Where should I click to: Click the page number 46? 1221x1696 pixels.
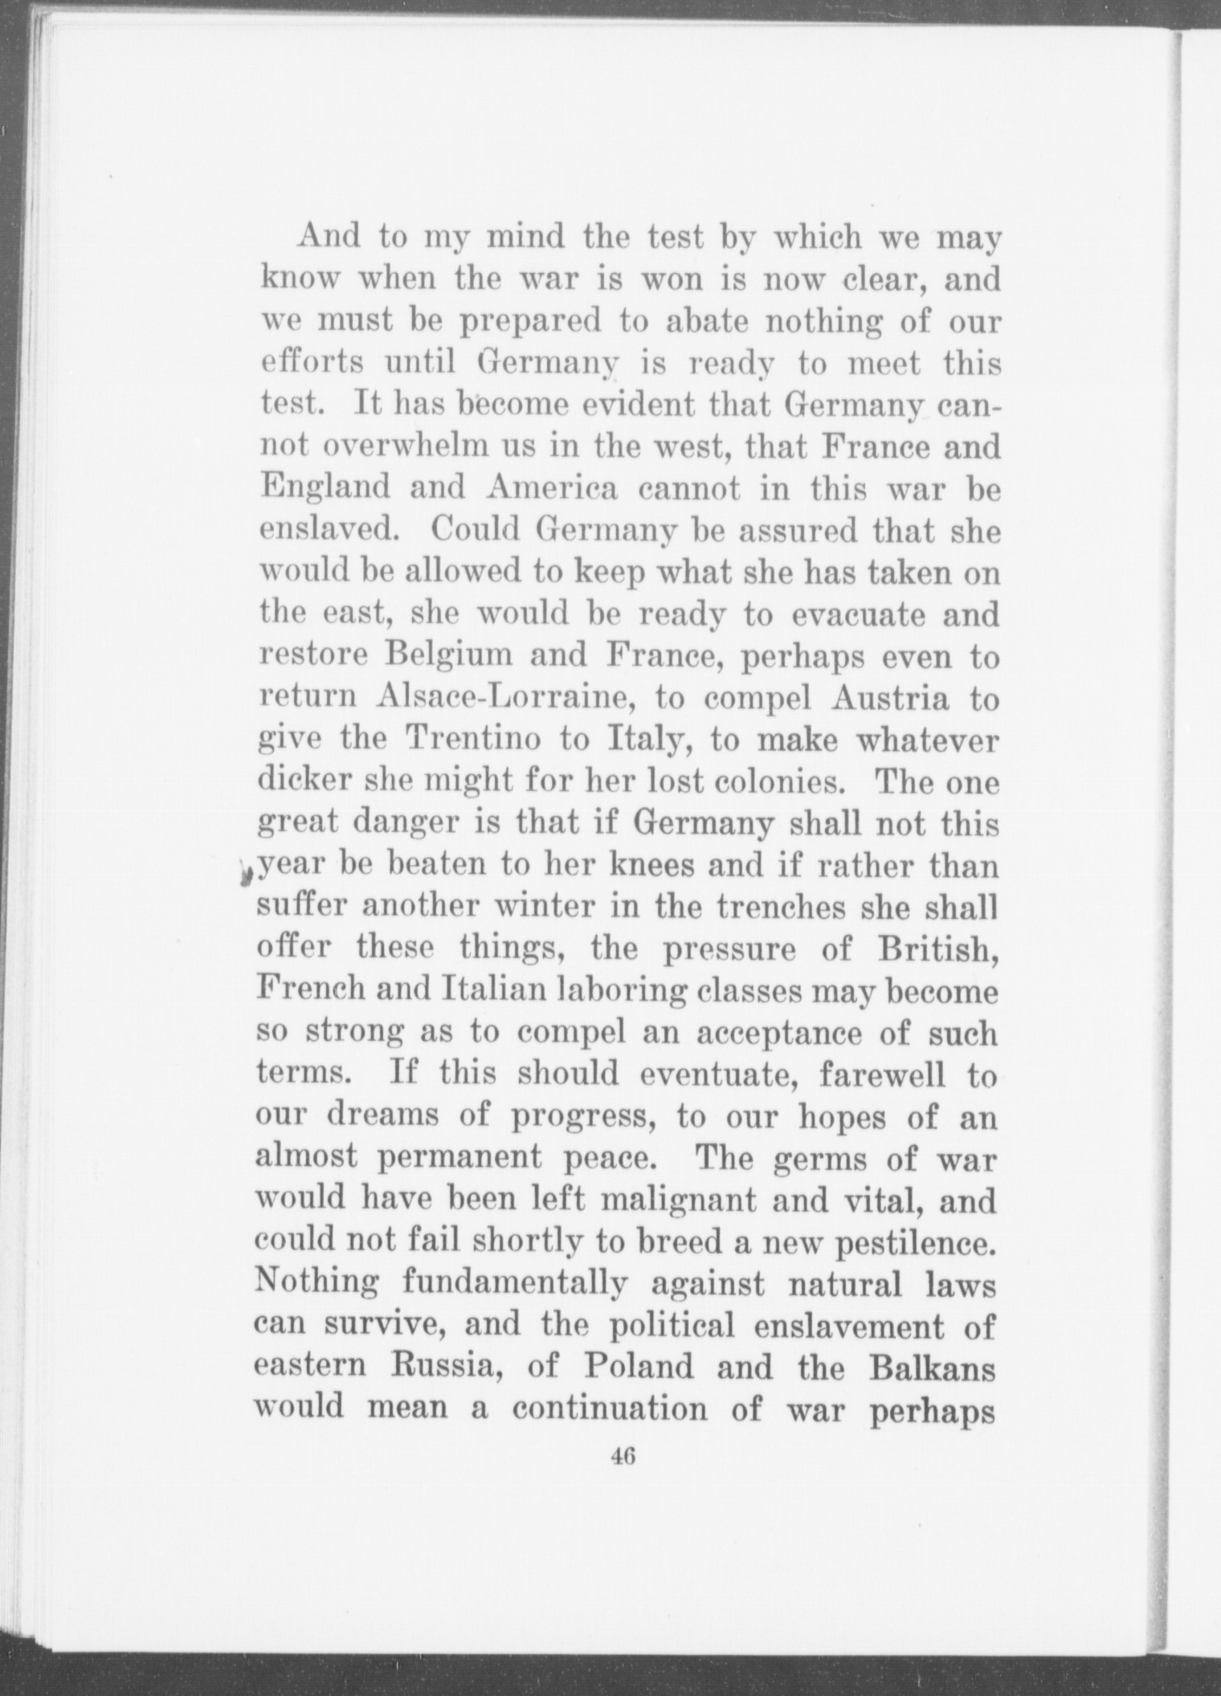[x=623, y=1454]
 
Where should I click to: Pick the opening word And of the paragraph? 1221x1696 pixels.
[x=325, y=238]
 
